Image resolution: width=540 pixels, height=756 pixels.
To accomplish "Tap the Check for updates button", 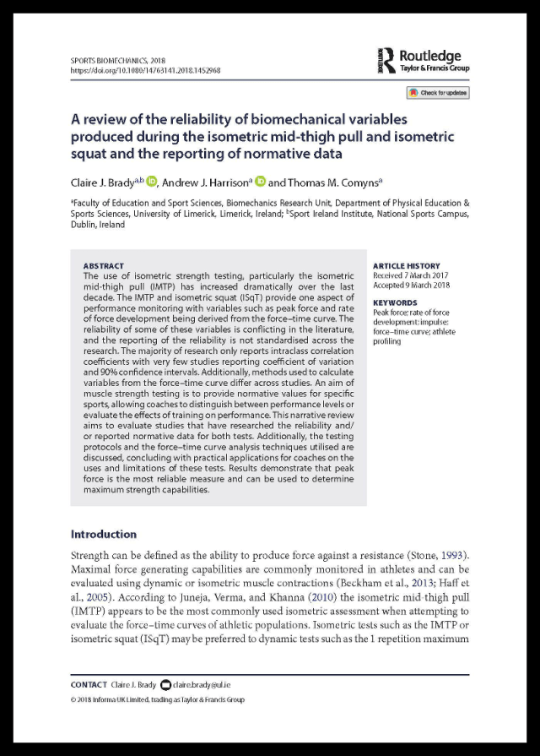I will click(x=437, y=93).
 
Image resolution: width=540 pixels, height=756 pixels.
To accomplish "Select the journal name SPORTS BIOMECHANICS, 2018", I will click(x=117, y=61).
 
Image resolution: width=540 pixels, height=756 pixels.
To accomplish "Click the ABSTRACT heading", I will click(x=104, y=265).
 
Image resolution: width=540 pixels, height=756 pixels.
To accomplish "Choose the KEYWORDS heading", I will click(x=393, y=302).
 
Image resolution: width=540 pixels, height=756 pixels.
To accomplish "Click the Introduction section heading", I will click(x=103, y=534).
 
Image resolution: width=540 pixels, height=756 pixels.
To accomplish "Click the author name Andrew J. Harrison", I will click(x=206, y=180).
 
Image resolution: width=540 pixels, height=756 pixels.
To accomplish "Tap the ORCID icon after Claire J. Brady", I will click(x=152, y=180).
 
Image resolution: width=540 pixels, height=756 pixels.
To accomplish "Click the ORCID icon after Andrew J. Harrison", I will click(x=261, y=180).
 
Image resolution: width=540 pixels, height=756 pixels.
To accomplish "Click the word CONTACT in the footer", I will click(x=89, y=684).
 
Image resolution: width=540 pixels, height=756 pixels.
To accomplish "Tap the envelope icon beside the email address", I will click(x=165, y=684).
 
